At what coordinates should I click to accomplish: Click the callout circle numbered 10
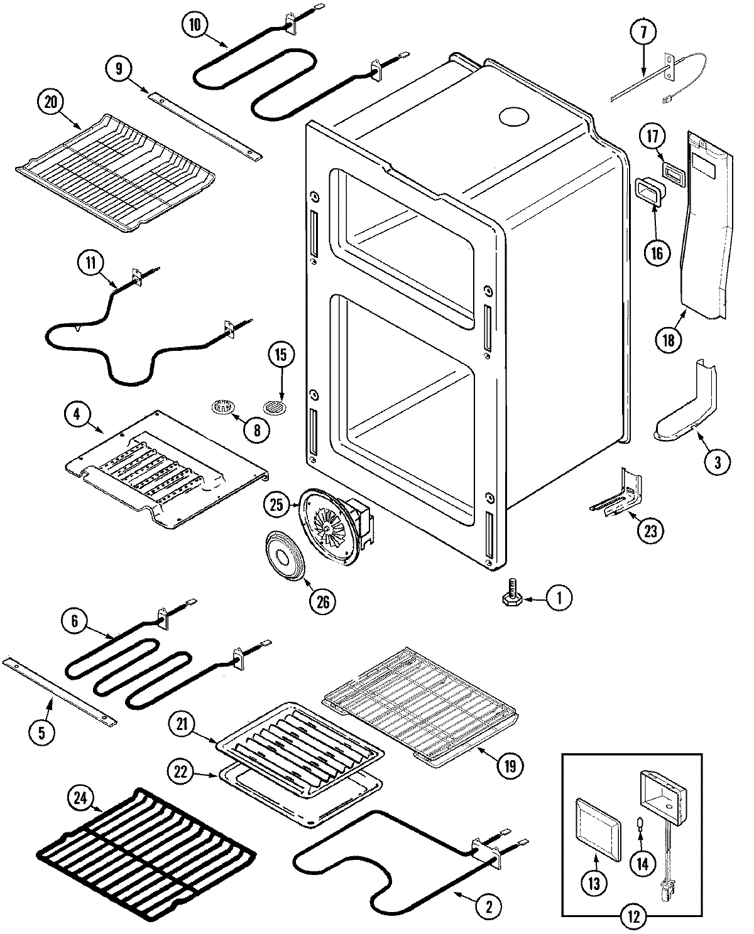click(x=195, y=25)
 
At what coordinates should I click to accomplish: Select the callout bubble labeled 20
click(x=52, y=102)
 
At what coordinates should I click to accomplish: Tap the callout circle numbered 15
click(x=281, y=355)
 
